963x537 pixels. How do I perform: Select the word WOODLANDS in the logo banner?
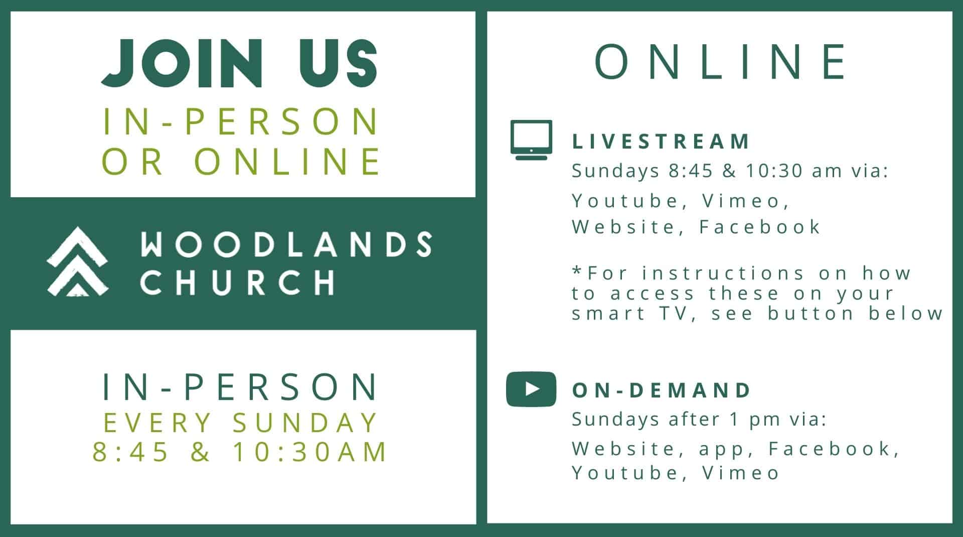point(286,244)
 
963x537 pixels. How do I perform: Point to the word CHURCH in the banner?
point(237,282)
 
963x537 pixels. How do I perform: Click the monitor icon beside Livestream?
point(531,140)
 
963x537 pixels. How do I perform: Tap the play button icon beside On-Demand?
point(531,389)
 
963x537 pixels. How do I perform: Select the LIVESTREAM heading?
point(661,142)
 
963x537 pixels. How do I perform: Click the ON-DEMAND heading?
point(661,390)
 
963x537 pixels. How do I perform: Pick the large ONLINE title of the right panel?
point(720,62)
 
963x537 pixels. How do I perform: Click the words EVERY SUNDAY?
point(240,423)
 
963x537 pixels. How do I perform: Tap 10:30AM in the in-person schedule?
point(310,451)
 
